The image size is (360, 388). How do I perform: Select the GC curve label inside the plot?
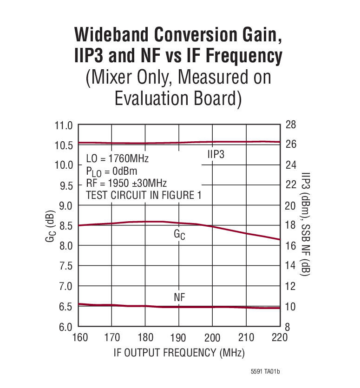(x=179, y=235)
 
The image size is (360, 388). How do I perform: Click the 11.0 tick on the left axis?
(x=64, y=125)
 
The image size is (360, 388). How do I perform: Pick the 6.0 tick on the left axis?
(x=64, y=327)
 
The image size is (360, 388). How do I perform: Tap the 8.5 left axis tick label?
(x=64, y=226)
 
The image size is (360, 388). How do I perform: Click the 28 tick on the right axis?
(x=291, y=125)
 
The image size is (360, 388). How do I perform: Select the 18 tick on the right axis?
(x=291, y=226)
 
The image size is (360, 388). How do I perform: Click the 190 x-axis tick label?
(x=178, y=338)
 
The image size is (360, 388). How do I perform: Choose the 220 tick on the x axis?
(x=280, y=338)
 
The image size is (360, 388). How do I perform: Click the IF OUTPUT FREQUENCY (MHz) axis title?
(x=179, y=353)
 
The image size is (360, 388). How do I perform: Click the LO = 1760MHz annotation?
(x=117, y=159)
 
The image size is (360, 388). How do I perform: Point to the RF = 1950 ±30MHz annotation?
(x=126, y=183)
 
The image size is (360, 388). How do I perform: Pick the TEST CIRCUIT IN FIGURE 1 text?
(x=144, y=195)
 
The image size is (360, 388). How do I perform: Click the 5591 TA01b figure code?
(x=266, y=372)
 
